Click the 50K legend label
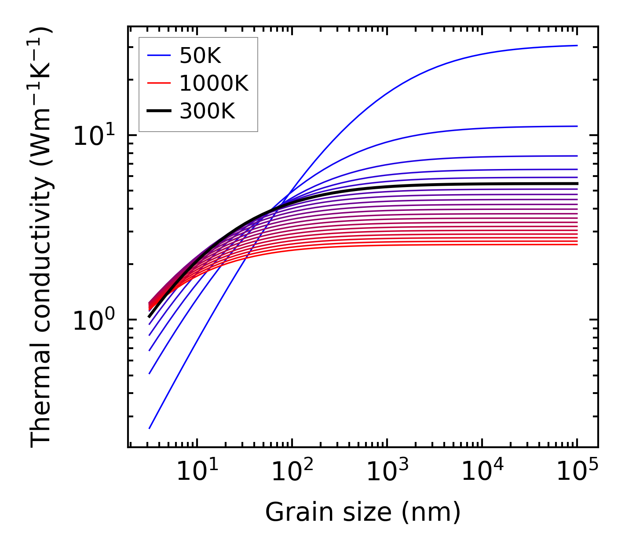click(x=200, y=55)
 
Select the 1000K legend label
click(x=214, y=83)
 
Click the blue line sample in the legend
click(x=158, y=55)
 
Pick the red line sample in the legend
click(x=158, y=83)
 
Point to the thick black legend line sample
click(x=158, y=111)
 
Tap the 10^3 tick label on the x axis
click(x=387, y=472)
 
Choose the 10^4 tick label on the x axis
click(x=482, y=472)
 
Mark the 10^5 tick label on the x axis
click(x=577, y=472)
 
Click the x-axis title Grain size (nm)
click(x=363, y=512)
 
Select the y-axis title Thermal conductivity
click(x=42, y=238)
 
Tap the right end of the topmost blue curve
click(x=577, y=45)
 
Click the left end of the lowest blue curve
click(x=150, y=428)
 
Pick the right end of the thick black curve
click(x=577, y=184)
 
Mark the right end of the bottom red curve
click(x=577, y=244)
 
